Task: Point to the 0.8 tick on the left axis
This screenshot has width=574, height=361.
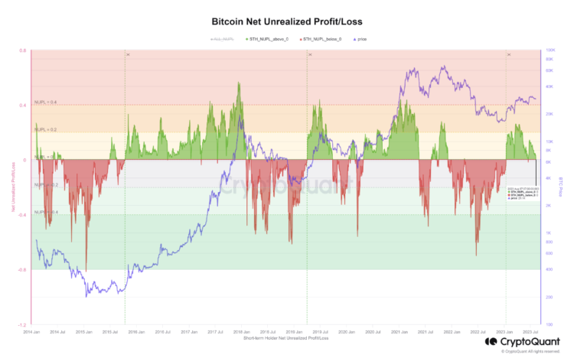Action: point(24,50)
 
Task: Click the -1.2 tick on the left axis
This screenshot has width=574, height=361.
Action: point(23,325)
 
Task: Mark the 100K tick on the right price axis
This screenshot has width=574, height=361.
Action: point(549,50)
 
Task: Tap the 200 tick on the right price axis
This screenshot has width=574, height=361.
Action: point(548,297)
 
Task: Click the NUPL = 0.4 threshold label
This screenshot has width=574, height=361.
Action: point(46,102)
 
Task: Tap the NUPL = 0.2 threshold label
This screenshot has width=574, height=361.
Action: point(46,130)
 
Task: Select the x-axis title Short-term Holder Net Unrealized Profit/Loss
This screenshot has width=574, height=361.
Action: point(287,337)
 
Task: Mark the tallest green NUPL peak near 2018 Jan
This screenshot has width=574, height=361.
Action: point(239,83)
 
